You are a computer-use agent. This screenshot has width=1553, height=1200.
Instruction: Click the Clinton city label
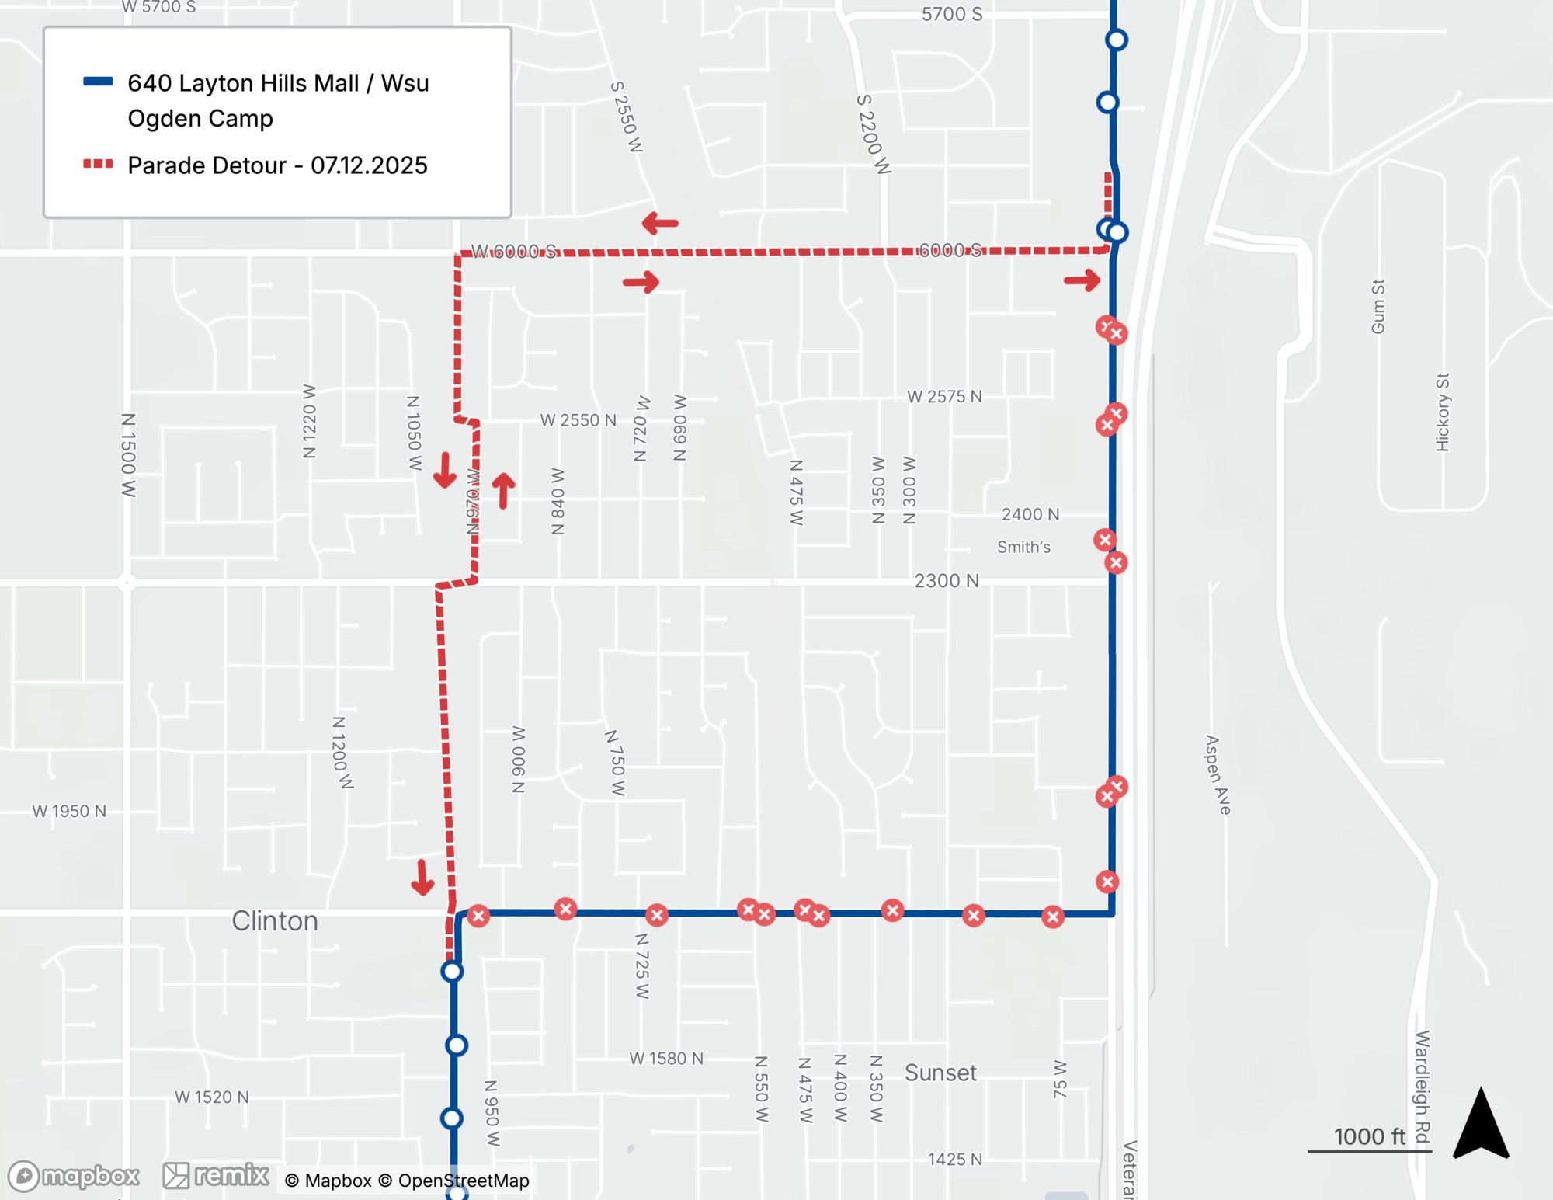point(275,921)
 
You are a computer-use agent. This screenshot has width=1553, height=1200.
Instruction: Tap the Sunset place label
point(940,1073)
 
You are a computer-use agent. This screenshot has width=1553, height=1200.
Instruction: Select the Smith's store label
point(1023,548)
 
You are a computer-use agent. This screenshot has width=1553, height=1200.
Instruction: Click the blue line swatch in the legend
point(99,82)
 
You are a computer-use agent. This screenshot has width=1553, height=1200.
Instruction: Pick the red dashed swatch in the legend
point(99,164)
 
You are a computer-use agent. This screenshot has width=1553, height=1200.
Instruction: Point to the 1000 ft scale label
point(1369,1136)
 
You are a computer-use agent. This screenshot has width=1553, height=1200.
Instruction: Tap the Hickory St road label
point(1442,412)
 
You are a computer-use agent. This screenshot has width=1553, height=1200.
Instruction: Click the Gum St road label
point(1378,307)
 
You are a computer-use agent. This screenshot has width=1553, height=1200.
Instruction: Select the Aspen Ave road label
point(1218,775)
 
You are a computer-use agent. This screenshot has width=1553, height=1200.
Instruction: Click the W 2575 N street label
point(944,397)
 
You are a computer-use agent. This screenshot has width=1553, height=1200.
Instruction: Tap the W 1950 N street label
point(69,811)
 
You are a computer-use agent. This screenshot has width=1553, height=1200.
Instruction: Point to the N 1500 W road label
point(128,455)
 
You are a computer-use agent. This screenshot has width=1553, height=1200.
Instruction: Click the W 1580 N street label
point(666,1059)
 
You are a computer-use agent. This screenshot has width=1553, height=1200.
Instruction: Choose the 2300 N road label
point(947,581)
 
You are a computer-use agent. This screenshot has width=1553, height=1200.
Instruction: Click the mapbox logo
point(75,1176)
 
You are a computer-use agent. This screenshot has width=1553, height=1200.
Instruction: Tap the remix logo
point(216,1175)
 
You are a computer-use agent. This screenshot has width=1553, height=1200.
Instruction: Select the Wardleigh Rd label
point(1422,1087)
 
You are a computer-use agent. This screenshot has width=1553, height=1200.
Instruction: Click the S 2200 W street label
point(873,134)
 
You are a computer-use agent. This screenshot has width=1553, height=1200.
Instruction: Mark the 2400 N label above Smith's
point(1030,514)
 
